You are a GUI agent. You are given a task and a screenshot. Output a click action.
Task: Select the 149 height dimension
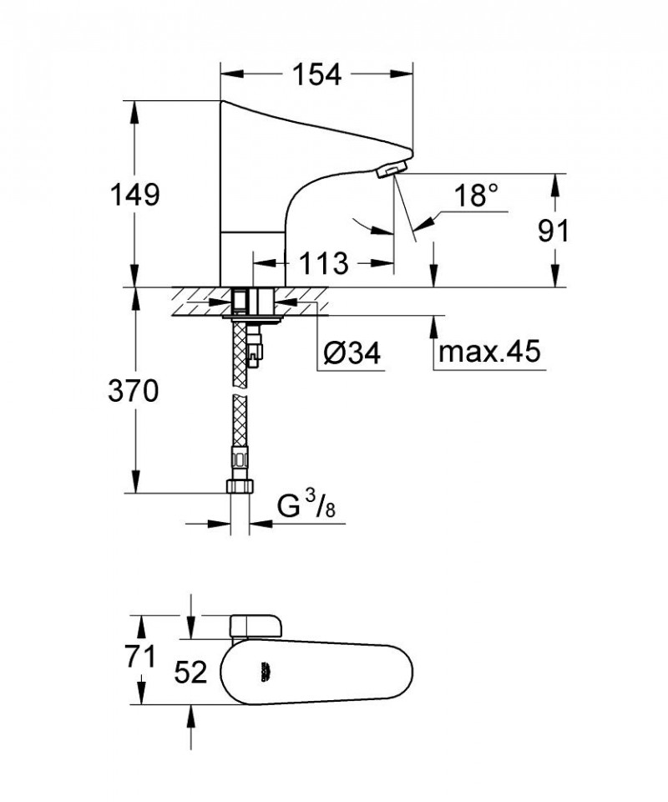[136, 195]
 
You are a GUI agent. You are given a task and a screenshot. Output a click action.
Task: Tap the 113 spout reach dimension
[324, 263]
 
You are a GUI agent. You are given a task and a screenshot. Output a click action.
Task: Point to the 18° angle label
[476, 195]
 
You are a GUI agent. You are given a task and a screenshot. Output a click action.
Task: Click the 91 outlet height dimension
[553, 230]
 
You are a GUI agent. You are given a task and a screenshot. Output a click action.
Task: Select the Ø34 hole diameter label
[352, 354]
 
